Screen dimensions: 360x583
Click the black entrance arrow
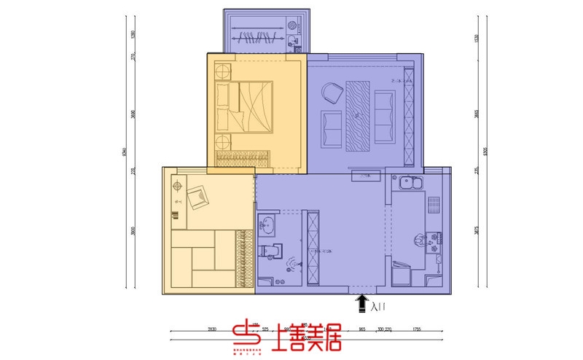[x=361, y=302]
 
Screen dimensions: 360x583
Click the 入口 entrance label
[x=378, y=308]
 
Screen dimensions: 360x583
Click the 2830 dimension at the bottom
[x=211, y=330]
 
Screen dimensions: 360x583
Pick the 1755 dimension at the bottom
[x=416, y=330]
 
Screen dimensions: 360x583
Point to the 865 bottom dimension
[x=362, y=330]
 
